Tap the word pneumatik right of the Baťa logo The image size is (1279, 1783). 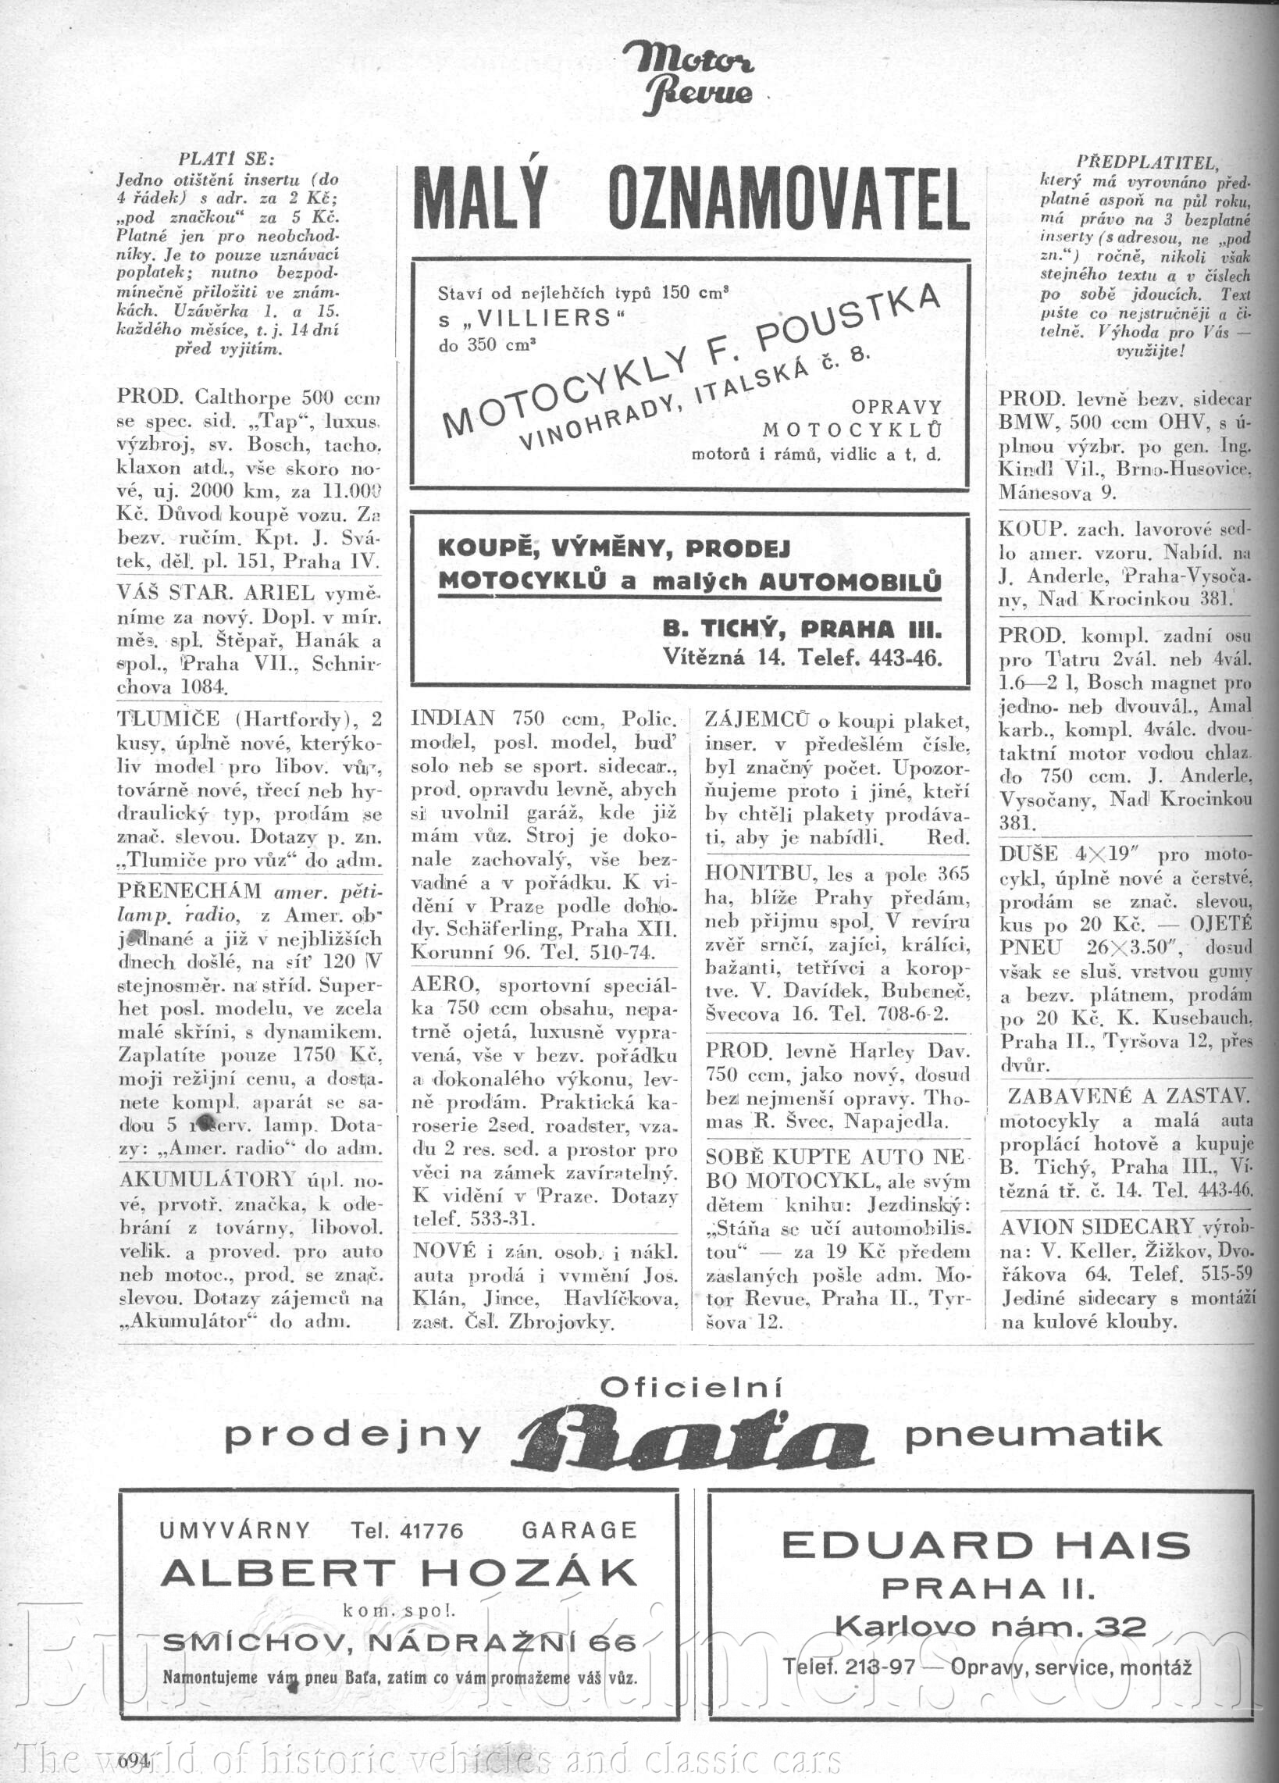click(1033, 1435)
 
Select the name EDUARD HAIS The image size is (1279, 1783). click(985, 1546)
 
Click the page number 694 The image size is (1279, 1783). click(134, 1760)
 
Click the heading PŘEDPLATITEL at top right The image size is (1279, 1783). click(1145, 162)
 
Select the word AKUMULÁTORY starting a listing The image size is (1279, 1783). click(207, 1179)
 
